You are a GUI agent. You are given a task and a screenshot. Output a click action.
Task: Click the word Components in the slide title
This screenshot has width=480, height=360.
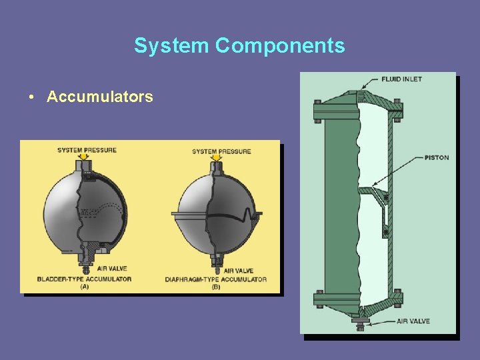[280, 45]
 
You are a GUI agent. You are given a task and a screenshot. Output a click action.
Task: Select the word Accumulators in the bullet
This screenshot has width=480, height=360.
[100, 97]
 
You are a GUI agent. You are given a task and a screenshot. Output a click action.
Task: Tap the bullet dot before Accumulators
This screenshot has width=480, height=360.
[32, 97]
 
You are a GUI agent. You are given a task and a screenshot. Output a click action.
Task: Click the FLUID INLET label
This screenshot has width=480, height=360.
[401, 79]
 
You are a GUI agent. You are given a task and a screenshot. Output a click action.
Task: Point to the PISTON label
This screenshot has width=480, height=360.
[436, 158]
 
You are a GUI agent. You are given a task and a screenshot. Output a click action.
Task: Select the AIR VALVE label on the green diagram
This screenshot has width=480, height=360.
[413, 321]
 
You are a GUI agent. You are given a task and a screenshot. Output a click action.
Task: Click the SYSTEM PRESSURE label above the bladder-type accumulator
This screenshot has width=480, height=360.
[87, 150]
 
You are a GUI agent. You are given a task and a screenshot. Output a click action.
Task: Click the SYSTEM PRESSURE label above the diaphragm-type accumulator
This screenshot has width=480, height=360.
[222, 151]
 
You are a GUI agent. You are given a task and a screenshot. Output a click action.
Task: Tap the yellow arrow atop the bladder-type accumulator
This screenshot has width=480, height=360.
[83, 159]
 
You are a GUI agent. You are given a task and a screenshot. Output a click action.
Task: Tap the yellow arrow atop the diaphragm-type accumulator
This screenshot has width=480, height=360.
[215, 159]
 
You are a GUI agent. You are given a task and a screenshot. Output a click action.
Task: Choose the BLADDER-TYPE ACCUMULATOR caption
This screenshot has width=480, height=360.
[84, 279]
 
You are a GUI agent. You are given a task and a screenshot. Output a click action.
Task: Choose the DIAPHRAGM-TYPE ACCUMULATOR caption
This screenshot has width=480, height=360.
[216, 279]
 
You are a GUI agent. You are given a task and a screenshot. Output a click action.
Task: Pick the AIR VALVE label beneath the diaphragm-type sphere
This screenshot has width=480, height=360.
[237, 271]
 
